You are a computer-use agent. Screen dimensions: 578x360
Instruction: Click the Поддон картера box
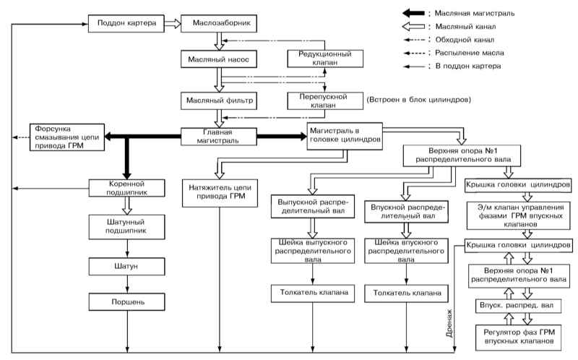tap(126, 24)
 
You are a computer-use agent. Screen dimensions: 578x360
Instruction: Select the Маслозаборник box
tap(219, 24)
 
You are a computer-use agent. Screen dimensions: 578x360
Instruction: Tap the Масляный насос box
tap(219, 59)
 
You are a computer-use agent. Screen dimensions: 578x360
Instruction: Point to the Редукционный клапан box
tap(325, 59)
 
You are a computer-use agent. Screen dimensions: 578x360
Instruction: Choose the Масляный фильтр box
tap(219, 100)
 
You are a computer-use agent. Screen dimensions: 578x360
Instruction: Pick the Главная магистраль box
tap(219, 137)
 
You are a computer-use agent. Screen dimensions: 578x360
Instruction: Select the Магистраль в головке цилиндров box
tap(345, 136)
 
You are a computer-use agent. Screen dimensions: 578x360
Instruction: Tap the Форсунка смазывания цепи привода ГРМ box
tap(67, 137)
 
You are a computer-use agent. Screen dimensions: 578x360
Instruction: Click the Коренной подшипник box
tap(127, 188)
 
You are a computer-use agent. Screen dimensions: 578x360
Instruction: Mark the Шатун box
tap(127, 266)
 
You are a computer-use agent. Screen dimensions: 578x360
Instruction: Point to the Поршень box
tap(127, 302)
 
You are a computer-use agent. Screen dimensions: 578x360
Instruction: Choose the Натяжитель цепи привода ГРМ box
tap(220, 193)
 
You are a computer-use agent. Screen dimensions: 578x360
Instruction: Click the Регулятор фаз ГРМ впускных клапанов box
tap(519, 337)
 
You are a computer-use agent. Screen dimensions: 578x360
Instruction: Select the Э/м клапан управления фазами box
tap(520, 215)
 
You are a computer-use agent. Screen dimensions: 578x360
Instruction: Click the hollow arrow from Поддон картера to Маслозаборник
tap(173, 24)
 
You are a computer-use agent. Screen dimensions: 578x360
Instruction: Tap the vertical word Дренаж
tap(449, 323)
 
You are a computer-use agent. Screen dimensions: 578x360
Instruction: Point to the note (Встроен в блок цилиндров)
tap(419, 100)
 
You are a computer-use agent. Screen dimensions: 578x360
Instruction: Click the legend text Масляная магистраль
tap(475, 13)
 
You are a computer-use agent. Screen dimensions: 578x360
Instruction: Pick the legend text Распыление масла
tap(469, 53)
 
